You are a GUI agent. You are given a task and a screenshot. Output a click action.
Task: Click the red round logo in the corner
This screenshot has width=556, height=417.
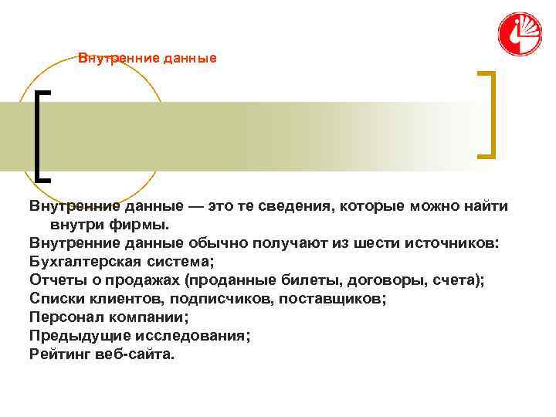pos(520,35)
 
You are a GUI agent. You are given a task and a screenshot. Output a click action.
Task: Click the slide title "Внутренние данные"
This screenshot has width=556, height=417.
pos(147,59)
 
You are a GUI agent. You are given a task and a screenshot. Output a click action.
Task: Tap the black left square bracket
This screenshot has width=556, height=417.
pos(40,135)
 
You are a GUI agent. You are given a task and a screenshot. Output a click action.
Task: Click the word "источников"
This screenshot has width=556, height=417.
pos(451,243)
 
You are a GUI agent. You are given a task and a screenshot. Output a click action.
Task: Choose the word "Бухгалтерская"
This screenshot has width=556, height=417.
pos(82,262)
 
